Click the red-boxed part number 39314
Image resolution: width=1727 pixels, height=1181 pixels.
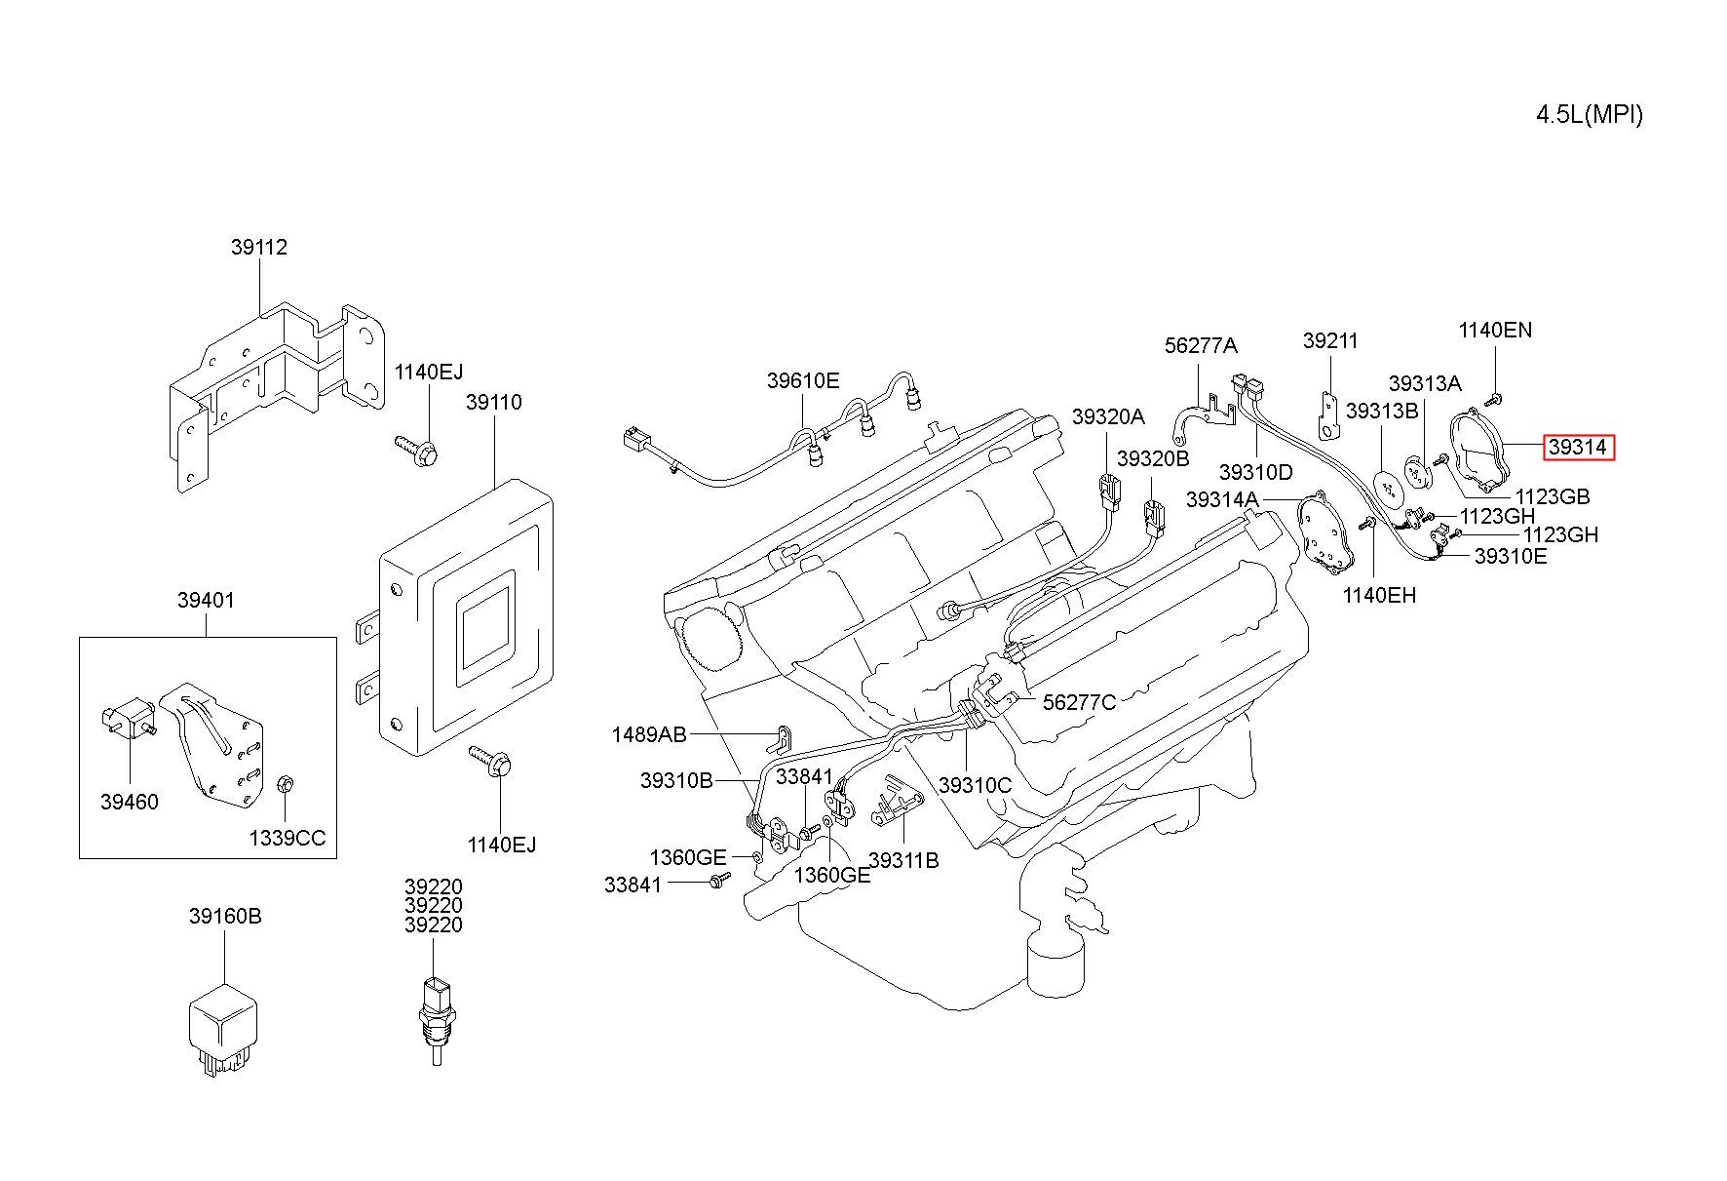click(x=1577, y=448)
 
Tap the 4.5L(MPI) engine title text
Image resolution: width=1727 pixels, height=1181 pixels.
click(x=1590, y=115)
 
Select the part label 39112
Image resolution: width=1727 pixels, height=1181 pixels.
click(x=259, y=248)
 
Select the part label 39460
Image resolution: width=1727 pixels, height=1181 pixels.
click(x=129, y=802)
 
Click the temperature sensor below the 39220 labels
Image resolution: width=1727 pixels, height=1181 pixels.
click(x=435, y=1016)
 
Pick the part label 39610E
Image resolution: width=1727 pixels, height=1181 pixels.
click(x=803, y=381)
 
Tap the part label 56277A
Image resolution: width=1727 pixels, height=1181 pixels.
click(x=1201, y=345)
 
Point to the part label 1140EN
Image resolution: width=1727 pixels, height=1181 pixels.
click(x=1495, y=331)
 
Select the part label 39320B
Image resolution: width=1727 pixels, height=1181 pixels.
click(x=1153, y=458)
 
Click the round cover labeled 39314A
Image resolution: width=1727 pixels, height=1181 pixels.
click(x=1327, y=532)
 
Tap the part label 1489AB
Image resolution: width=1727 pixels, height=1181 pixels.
click(x=649, y=734)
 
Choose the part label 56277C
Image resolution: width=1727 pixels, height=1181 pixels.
click(x=1080, y=702)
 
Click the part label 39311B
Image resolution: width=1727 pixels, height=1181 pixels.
click(x=903, y=860)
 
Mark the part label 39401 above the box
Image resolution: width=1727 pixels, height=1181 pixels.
click(x=206, y=601)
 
